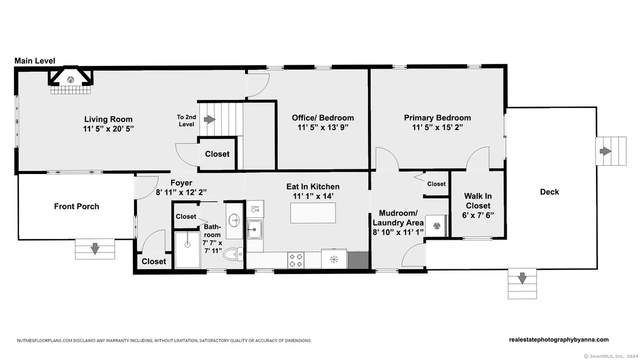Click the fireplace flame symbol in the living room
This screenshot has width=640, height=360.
[x=70, y=80]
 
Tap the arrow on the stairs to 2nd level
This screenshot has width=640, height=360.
[x=210, y=119]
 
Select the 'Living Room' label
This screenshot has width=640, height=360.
[x=109, y=119]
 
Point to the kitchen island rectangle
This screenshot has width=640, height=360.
[x=313, y=213]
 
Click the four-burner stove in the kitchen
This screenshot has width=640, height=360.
[x=296, y=260]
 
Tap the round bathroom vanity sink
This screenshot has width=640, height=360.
[x=235, y=220]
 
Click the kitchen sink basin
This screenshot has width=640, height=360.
[x=255, y=229]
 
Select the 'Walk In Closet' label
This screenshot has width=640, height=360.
[x=478, y=201]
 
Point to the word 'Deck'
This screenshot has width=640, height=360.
[x=549, y=192]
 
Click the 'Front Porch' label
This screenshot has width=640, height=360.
[x=77, y=206]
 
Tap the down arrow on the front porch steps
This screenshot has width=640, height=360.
[x=95, y=248]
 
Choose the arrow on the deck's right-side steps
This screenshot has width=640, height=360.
[x=605, y=151]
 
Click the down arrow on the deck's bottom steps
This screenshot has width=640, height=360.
[x=522, y=278]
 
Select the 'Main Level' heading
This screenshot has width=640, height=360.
[x=35, y=61]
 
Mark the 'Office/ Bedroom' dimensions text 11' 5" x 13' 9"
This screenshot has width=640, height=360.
[x=323, y=127]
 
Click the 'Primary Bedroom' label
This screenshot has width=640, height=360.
[x=438, y=117]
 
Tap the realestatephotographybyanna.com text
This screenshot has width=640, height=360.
[x=559, y=340]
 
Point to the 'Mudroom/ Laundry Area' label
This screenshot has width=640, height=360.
[x=398, y=218]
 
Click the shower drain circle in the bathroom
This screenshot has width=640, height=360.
[x=187, y=244]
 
